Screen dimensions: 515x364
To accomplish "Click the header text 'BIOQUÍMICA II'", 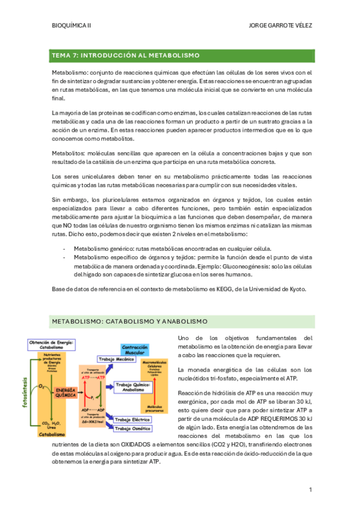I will (72, 26).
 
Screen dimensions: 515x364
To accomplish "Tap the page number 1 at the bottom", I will (310, 489).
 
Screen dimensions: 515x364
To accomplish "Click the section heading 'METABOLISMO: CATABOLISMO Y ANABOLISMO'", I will (130, 321).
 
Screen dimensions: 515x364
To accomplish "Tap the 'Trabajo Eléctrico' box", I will (134, 420).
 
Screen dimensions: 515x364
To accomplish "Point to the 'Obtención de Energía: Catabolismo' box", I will (50, 345).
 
